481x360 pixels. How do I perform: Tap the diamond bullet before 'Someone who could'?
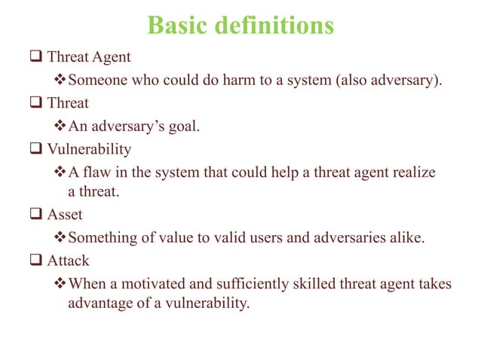click(62, 81)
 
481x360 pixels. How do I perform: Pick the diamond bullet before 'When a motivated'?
click(62, 284)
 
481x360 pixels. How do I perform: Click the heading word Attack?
click(69, 261)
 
